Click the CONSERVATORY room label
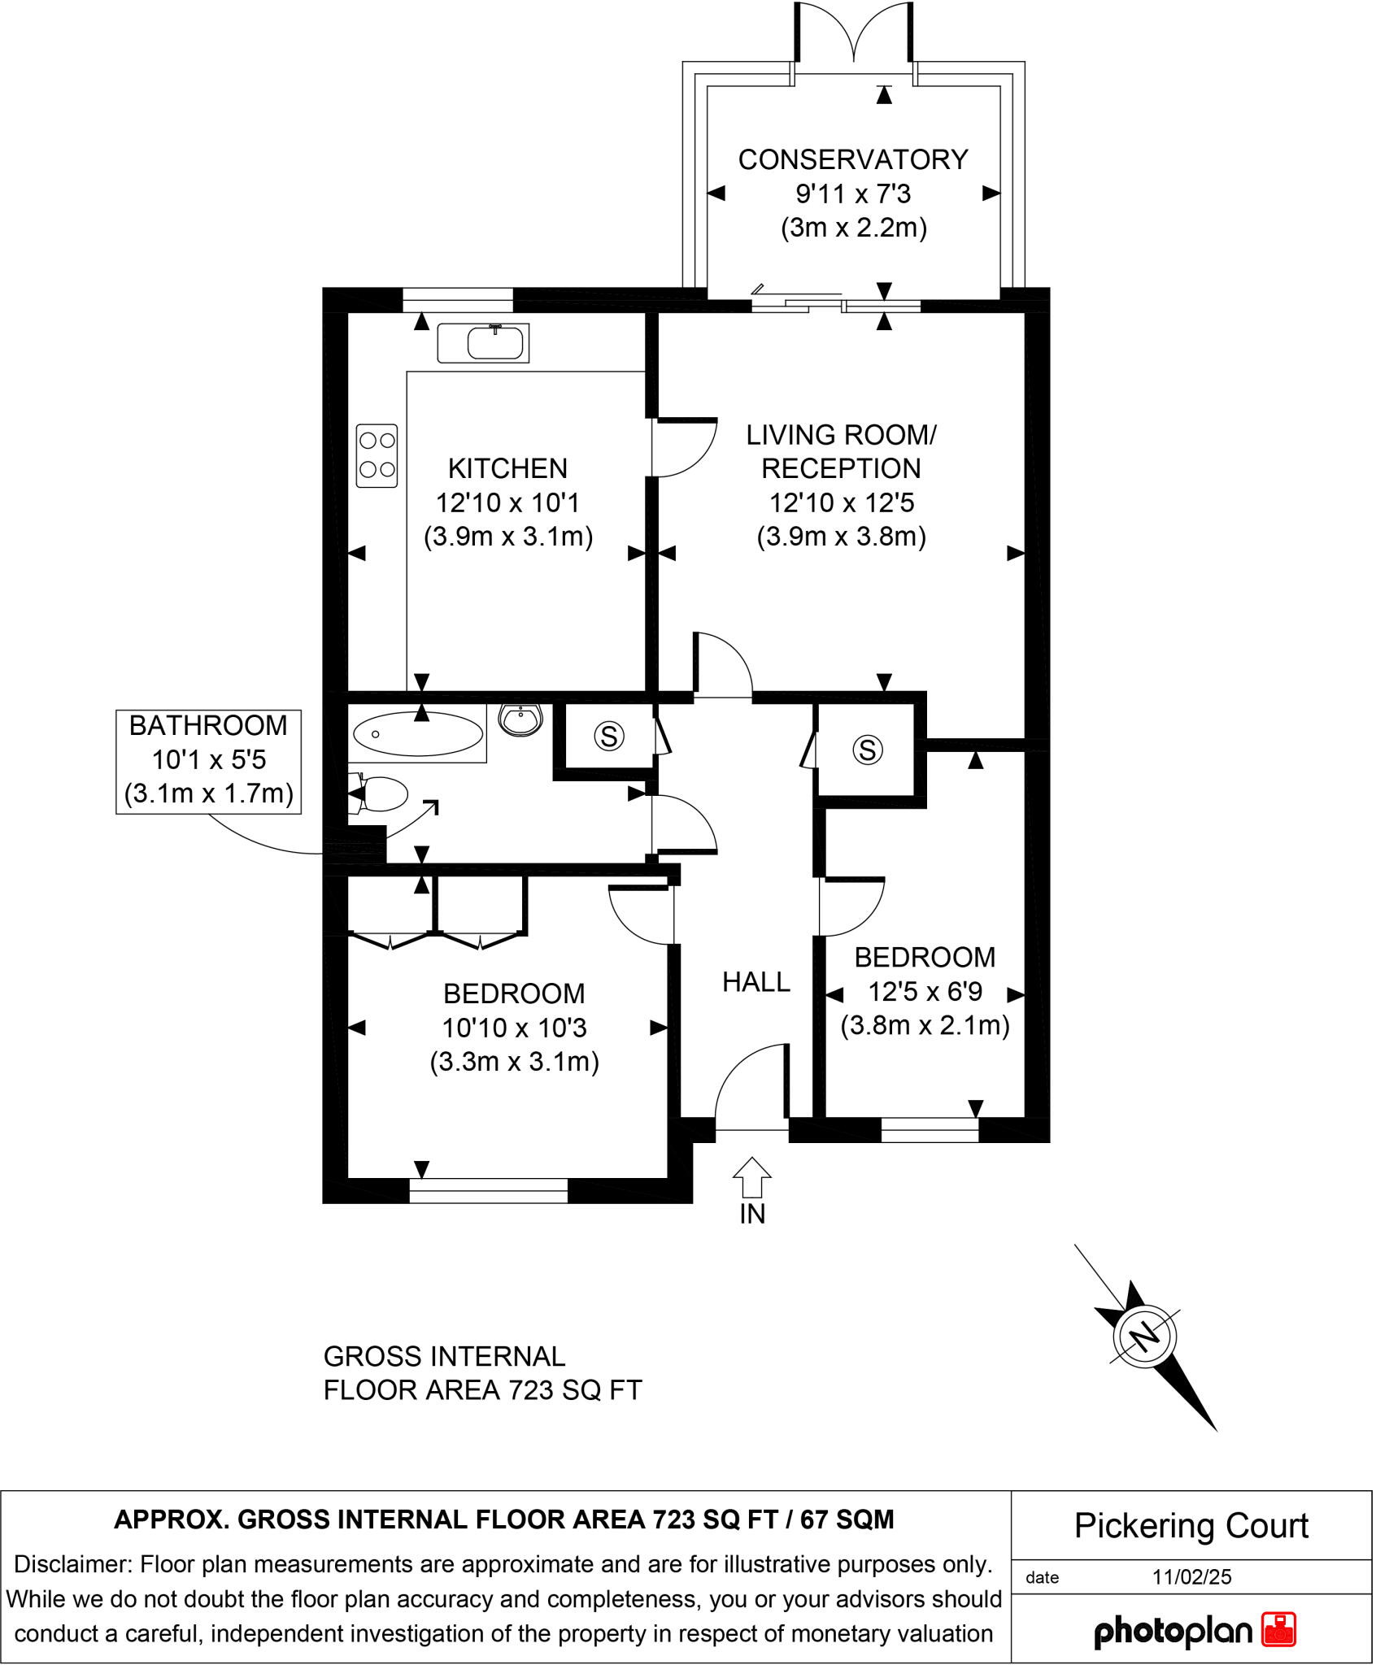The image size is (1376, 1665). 853,160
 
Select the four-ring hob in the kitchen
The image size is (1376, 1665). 377,455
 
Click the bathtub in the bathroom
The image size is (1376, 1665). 418,734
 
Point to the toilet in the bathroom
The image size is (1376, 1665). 381,794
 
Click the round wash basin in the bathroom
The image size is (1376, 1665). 520,719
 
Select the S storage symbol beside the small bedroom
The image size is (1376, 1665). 868,750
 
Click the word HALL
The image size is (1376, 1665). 756,983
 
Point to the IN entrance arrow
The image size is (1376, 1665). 752,1178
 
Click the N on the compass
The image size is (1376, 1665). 1145,1336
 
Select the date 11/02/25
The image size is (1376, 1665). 1191,1577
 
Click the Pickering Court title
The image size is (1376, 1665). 1191,1526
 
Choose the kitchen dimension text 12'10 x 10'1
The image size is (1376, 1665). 507,503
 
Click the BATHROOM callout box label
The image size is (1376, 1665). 208,726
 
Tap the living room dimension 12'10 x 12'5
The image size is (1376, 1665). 842,503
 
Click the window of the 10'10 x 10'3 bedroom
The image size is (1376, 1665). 488,1191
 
